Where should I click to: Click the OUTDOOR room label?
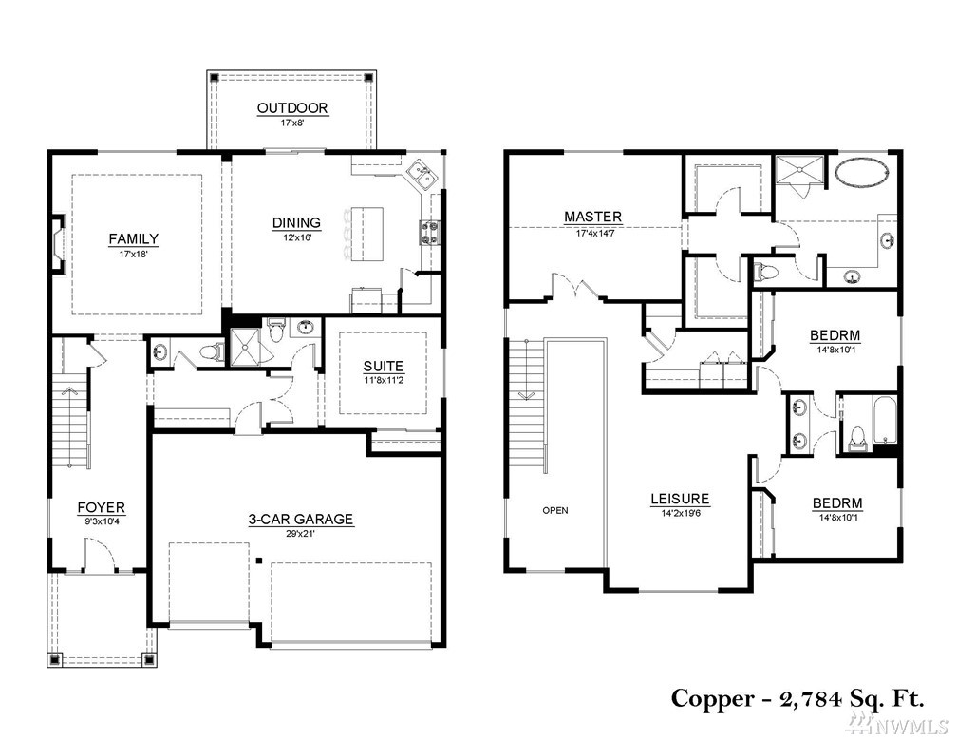tap(292, 108)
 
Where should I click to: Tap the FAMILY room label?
tap(134, 238)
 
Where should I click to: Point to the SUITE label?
tap(384, 367)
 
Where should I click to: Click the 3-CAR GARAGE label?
tap(300, 520)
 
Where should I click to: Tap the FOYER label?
tap(102, 507)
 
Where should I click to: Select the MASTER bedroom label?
tap(593, 217)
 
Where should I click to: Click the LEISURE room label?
tap(680, 499)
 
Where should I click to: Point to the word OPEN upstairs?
tap(555, 511)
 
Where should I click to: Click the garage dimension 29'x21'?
tap(300, 533)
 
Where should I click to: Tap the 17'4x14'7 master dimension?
tap(594, 233)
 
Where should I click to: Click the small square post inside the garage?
tap(259, 560)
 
